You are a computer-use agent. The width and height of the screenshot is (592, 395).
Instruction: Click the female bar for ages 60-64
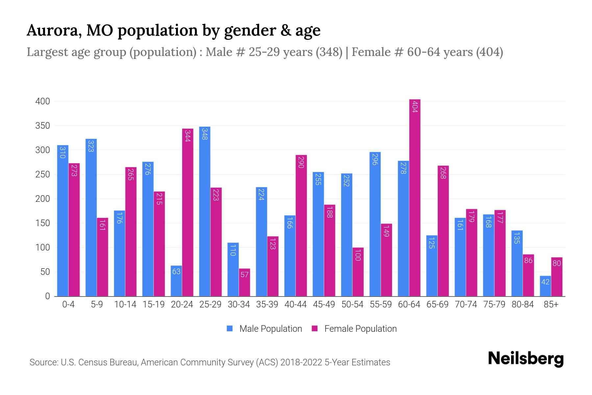[415, 197]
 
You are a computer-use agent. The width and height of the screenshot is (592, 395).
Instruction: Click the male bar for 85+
[545, 286]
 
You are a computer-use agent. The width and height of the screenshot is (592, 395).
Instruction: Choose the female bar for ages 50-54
[358, 272]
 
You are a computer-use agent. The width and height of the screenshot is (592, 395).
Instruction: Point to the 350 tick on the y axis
[43, 126]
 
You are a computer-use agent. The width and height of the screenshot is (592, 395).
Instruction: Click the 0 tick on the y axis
[47, 296]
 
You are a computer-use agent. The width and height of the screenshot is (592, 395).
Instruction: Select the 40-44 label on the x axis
[295, 304]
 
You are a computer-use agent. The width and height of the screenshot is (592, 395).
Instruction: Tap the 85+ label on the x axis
[551, 304]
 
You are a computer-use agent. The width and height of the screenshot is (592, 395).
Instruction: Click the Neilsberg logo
[526, 359]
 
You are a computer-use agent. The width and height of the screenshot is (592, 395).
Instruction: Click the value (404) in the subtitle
[489, 52]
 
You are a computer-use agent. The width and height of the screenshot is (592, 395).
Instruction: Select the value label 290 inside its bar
[301, 162]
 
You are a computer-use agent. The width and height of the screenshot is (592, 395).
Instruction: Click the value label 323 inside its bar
[91, 146]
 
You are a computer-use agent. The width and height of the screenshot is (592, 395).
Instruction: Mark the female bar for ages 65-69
[443, 231]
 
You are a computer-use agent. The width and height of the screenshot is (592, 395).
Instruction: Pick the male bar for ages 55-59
[375, 224]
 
